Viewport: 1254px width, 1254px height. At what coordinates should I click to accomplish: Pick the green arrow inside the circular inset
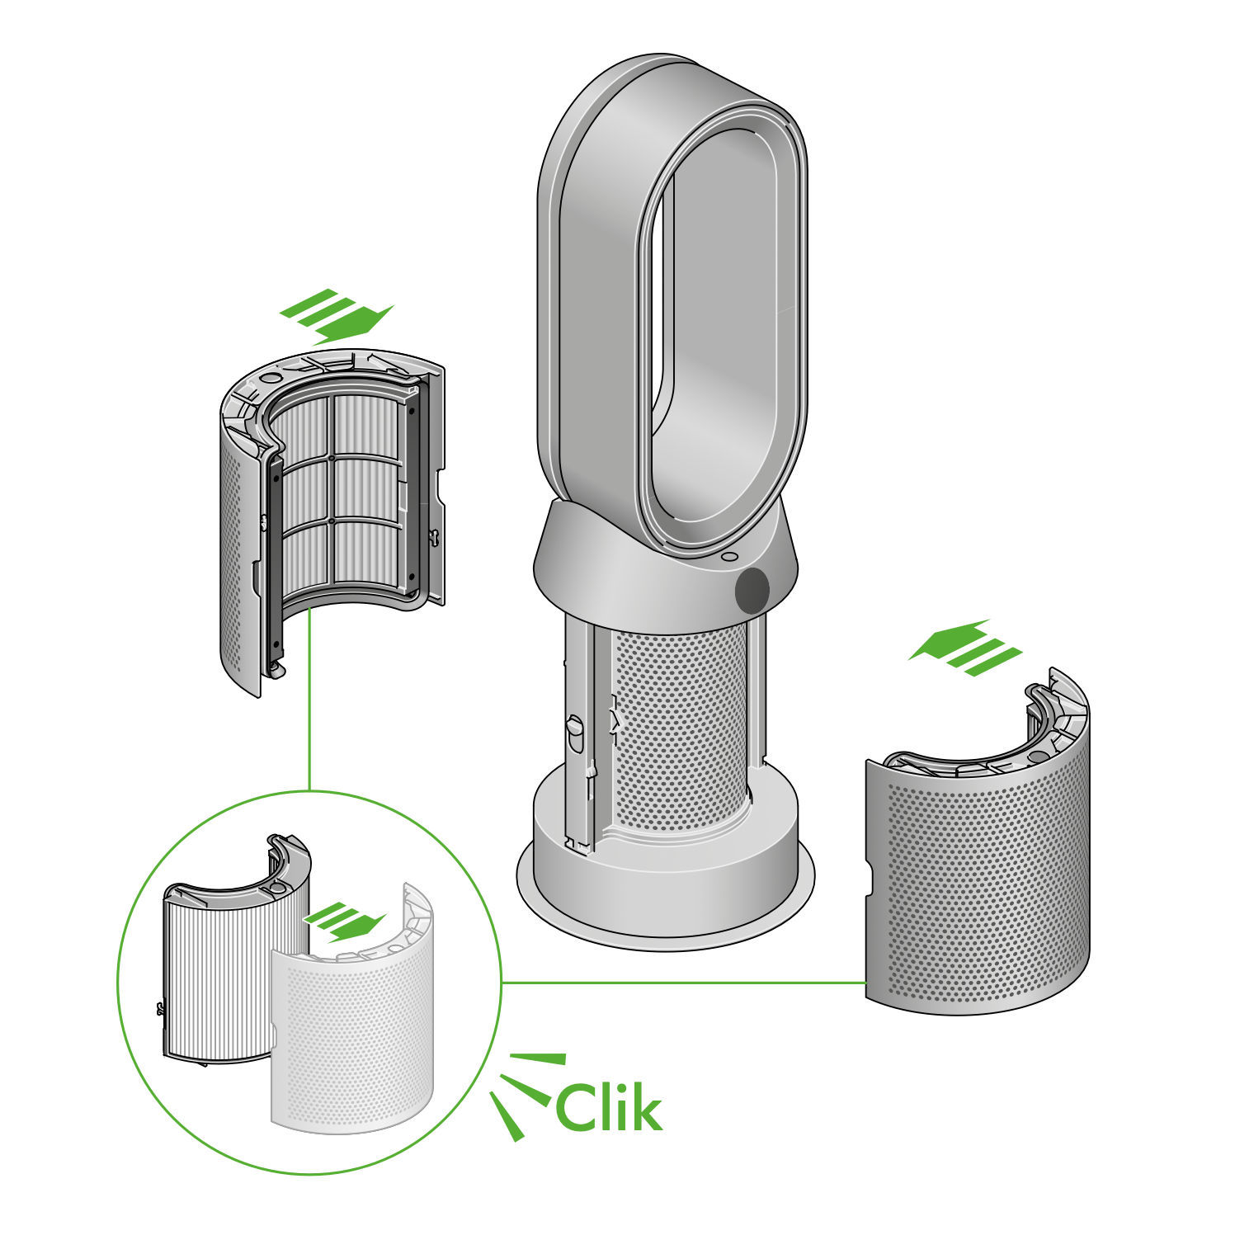click(345, 922)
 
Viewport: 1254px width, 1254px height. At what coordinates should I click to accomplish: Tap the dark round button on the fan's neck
click(752, 589)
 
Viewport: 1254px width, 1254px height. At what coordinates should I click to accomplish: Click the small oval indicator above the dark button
click(728, 557)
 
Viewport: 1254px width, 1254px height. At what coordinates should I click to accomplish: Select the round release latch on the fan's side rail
click(575, 731)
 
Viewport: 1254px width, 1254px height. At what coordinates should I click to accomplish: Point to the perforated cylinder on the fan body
click(681, 726)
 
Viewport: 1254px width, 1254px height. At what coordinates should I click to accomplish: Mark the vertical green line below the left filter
click(309, 701)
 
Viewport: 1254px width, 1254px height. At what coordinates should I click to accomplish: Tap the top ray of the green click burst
click(538, 1058)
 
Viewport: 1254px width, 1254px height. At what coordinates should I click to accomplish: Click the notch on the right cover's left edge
click(870, 878)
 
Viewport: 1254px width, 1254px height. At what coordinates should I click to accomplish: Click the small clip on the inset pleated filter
click(161, 1008)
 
